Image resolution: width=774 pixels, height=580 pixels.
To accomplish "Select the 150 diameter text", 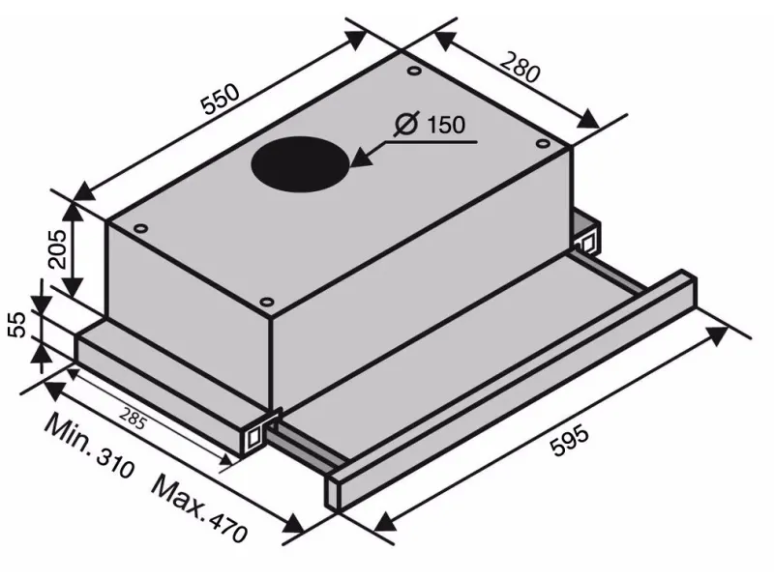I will (x=444, y=126).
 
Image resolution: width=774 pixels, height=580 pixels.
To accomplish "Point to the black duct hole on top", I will (x=300, y=163).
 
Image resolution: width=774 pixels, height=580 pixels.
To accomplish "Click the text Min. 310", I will (x=92, y=449).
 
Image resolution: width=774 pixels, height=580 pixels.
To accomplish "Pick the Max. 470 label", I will (x=200, y=507).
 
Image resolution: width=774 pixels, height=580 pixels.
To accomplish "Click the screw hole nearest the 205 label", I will (x=142, y=229).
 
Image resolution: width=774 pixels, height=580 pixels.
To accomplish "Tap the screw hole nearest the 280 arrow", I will (x=535, y=143).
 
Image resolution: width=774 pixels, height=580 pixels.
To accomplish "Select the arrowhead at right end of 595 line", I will (x=716, y=334).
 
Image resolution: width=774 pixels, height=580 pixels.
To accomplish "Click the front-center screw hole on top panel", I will (x=266, y=301).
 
